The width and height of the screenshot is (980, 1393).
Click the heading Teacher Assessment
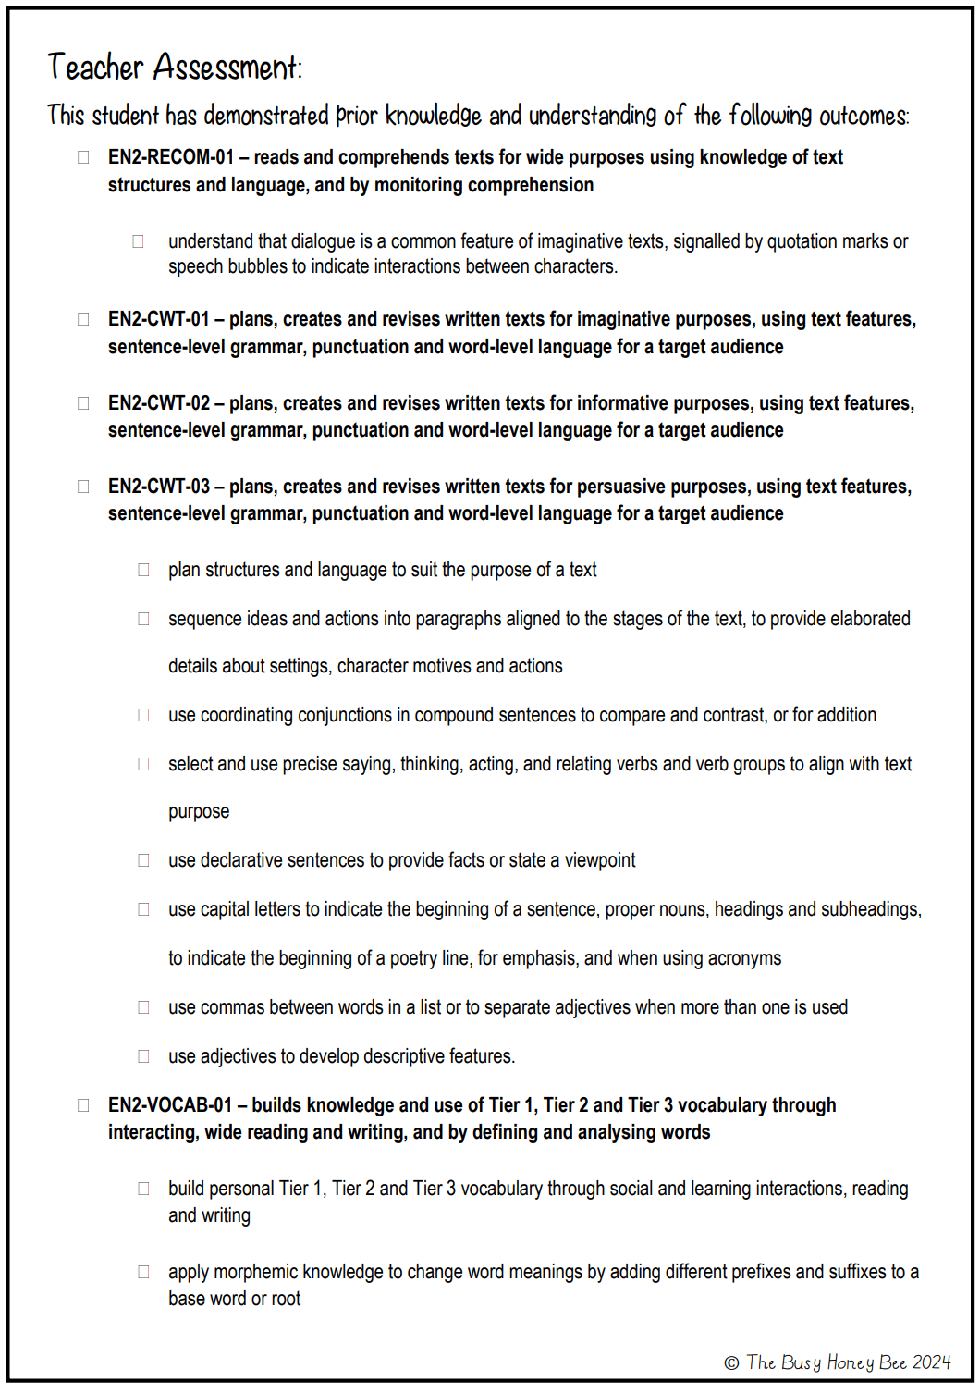coord(175,68)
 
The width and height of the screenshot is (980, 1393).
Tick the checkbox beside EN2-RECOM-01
coord(83,157)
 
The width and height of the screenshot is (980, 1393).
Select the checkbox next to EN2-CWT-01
coord(83,319)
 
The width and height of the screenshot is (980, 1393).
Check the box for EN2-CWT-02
coord(83,403)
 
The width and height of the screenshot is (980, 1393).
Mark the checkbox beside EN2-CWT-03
coord(83,487)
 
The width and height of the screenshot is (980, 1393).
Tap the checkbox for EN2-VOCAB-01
coord(83,1105)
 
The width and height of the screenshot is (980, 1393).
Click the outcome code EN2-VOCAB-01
coord(170,1105)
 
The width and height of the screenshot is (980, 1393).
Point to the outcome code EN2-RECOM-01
coord(171,157)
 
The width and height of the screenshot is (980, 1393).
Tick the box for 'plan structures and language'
coord(143,570)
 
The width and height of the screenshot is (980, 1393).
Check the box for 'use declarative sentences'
coord(143,860)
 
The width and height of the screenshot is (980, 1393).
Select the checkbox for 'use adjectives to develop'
coord(143,1056)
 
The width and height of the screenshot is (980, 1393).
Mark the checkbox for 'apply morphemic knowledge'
coord(143,1272)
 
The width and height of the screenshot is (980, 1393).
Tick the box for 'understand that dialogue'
coord(138,241)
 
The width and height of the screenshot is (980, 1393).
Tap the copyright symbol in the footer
coord(731,1362)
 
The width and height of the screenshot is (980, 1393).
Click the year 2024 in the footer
coord(931,1362)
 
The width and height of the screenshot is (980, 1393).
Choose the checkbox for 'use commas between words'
coord(143,1007)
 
